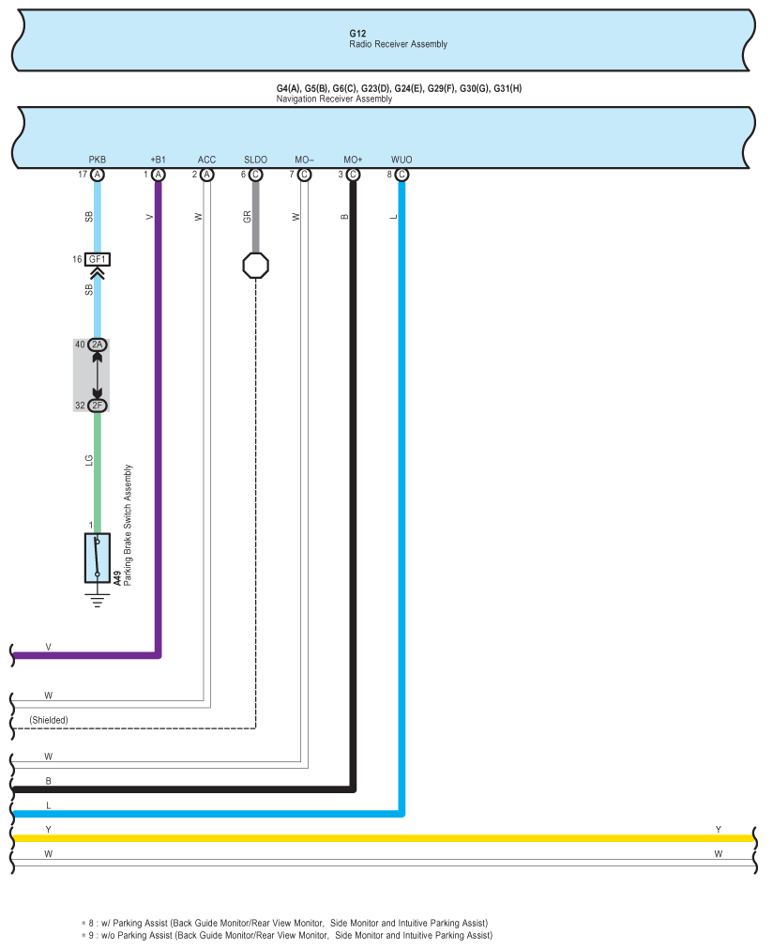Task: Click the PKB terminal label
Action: tap(98, 160)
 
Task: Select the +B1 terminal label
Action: tap(158, 160)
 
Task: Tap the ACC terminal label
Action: tap(207, 160)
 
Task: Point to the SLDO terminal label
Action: tap(255, 160)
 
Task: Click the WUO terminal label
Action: tap(402, 160)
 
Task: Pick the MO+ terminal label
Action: tap(353, 160)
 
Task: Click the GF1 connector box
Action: tap(98, 260)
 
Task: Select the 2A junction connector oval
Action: tap(98, 345)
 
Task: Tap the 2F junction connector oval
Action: tap(98, 406)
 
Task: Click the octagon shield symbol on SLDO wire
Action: tap(256, 266)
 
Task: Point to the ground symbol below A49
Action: tap(98, 600)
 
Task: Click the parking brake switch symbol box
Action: tap(98, 558)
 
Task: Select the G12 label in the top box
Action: tap(357, 34)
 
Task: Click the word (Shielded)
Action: tap(49, 720)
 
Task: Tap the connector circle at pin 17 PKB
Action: tap(98, 175)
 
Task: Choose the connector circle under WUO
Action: tap(402, 175)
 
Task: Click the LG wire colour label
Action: tap(89, 461)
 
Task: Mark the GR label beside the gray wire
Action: tap(247, 217)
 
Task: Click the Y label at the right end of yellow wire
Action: tap(719, 830)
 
